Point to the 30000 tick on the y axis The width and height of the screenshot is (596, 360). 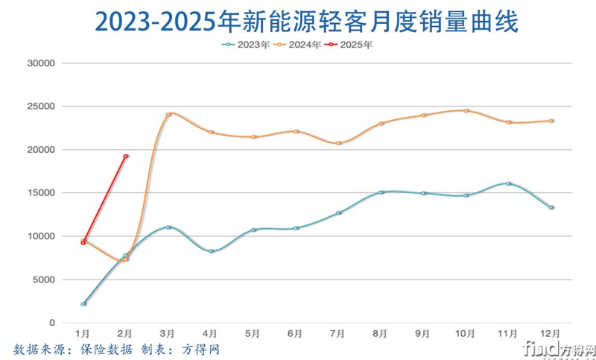(x=42, y=63)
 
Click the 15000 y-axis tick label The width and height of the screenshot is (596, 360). (x=42, y=193)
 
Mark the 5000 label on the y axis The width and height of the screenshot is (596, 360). (x=44, y=280)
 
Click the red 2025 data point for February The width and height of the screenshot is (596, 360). (x=126, y=157)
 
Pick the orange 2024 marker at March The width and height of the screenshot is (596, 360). (x=168, y=114)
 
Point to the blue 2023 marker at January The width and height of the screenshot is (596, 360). (x=83, y=303)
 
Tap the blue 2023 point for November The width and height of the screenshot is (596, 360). (x=508, y=183)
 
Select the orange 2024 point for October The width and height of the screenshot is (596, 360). (x=466, y=111)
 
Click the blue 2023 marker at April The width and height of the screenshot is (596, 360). (x=211, y=251)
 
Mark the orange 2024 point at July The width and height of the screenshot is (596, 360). (x=338, y=143)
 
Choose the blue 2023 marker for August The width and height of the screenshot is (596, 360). (x=381, y=192)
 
